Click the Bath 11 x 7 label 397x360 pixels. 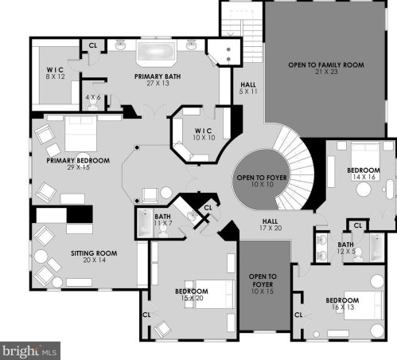pyautogui.click(x=163, y=221)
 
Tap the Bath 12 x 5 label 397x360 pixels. pyautogui.click(x=346, y=248)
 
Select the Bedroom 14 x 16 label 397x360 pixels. pyautogui.click(x=364, y=174)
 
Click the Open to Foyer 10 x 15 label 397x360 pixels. pyautogui.click(x=259, y=285)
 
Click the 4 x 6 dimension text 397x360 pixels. pyautogui.click(x=94, y=98)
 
